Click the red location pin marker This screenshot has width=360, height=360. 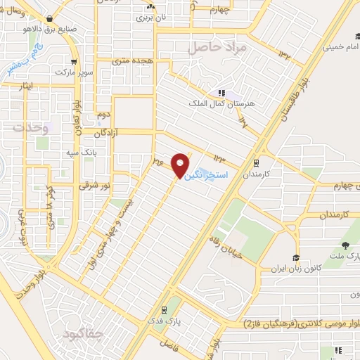tap(181, 165)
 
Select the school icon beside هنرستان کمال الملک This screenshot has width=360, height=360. tap(221, 92)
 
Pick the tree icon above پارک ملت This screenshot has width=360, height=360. tap(345, 245)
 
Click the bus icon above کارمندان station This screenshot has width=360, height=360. tap(256, 161)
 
